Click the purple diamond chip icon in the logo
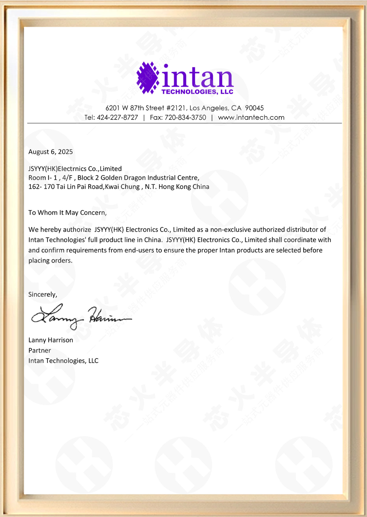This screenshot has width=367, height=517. (148, 78)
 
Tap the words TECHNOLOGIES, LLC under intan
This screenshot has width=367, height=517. (197, 92)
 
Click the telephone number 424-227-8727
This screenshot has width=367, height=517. (117, 118)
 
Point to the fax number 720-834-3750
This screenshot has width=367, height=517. (185, 118)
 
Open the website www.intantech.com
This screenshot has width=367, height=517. (251, 118)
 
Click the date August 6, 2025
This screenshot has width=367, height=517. (51, 152)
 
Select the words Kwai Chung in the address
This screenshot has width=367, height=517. (122, 187)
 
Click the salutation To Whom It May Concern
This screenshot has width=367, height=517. (67, 213)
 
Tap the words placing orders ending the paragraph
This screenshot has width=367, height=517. (50, 261)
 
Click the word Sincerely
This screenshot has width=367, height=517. (42, 295)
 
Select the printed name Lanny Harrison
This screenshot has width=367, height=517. (51, 340)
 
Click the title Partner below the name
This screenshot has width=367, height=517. (40, 351)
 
